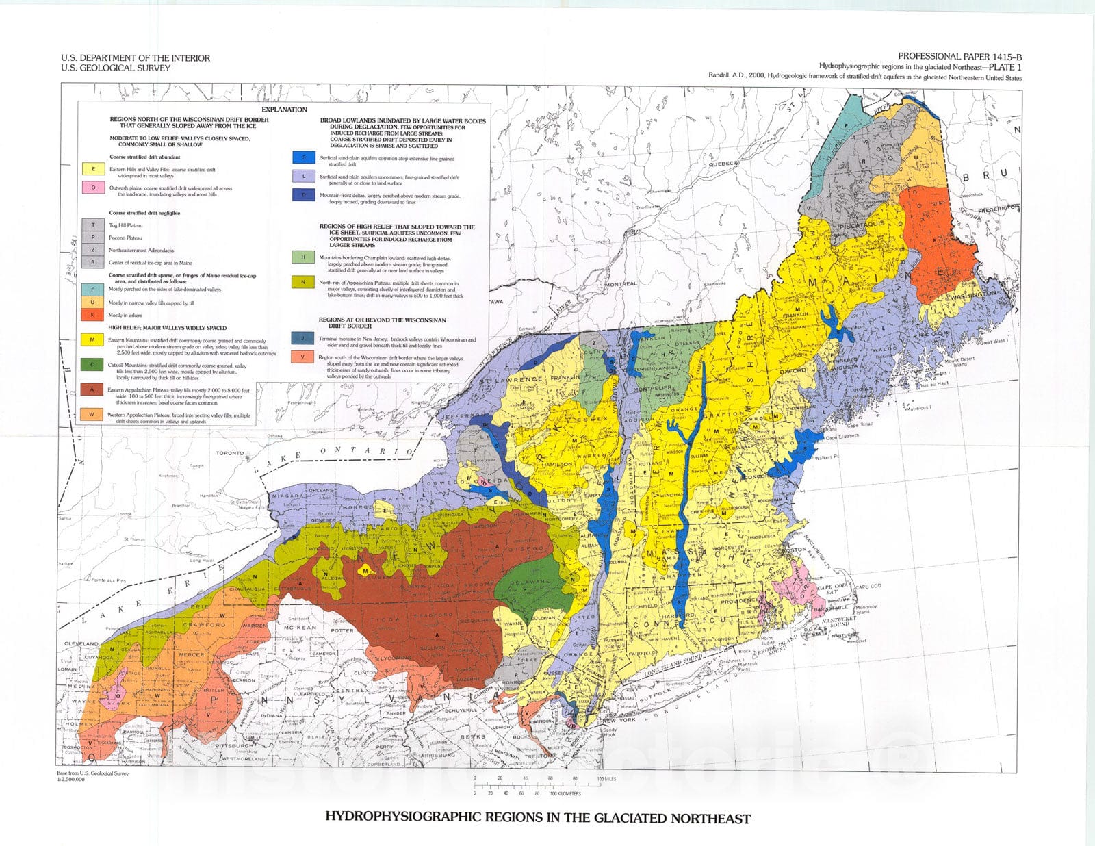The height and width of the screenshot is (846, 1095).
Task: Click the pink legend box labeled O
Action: coord(93,188)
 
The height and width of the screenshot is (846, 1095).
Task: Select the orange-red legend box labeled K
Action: coord(92,316)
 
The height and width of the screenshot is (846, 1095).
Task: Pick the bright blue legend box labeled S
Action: coord(303,157)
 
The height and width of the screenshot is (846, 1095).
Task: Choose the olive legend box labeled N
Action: coord(303,282)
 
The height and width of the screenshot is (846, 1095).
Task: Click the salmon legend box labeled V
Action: coord(302,357)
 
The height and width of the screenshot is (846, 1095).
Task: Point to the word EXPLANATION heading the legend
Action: coord(284,110)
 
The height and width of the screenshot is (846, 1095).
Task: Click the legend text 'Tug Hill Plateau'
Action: coord(126,225)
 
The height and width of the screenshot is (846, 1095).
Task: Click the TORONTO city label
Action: coord(230,453)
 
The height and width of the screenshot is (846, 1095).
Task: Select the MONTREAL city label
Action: coord(621,283)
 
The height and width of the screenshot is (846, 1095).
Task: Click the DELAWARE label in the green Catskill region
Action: coord(530,582)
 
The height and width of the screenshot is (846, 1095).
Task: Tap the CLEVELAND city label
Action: coord(82,644)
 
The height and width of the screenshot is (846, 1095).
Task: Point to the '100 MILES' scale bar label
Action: coord(606,779)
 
